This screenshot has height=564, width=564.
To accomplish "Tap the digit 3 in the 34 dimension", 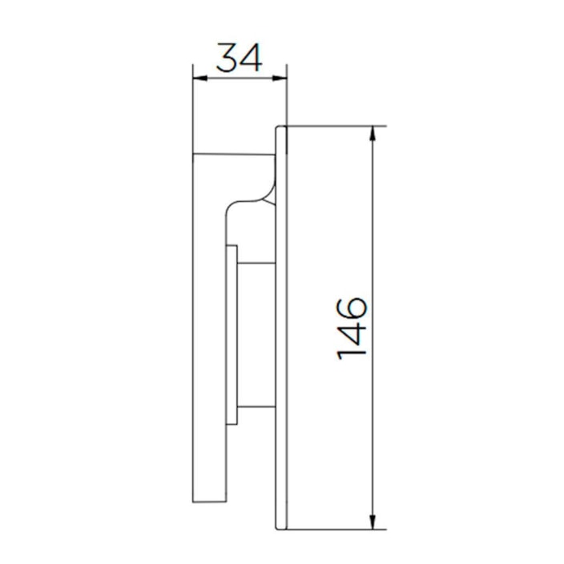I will click(228, 60).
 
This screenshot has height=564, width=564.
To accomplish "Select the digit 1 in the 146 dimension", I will click(352, 351).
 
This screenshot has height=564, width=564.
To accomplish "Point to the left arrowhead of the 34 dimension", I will click(199, 79).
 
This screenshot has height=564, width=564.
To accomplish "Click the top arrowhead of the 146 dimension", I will click(373, 133).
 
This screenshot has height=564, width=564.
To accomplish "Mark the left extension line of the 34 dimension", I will click(193, 112).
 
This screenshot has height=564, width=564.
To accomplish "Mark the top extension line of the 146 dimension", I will click(336, 126).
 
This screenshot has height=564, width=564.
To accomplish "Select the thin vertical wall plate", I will click(281, 336).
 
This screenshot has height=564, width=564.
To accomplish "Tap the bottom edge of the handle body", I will click(210, 503).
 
